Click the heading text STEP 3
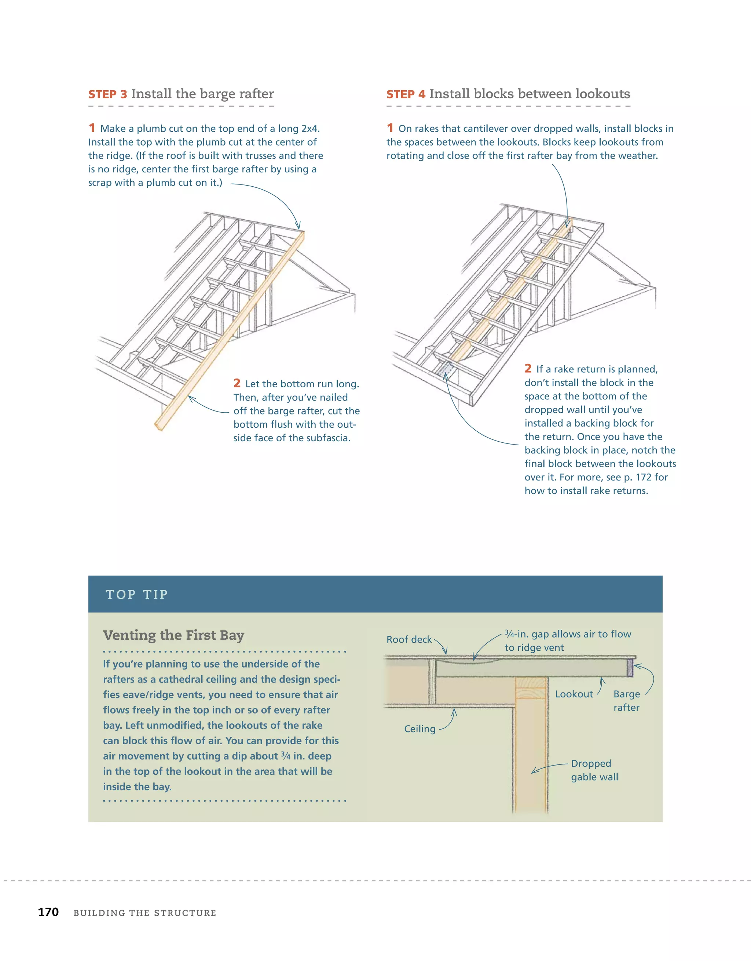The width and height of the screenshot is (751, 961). click(x=107, y=95)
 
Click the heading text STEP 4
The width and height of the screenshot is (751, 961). click(x=406, y=95)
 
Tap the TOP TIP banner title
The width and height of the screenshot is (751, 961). click(x=137, y=595)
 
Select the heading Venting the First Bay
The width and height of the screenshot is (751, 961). click(x=173, y=635)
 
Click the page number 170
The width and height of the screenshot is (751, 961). click(x=48, y=912)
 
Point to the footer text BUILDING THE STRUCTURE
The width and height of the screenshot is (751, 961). click(x=145, y=913)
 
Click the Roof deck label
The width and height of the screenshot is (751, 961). click(x=409, y=639)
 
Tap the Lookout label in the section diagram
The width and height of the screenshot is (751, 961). click(x=574, y=694)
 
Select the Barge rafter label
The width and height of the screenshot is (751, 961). click(x=626, y=701)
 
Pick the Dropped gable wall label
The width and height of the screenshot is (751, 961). click(x=594, y=770)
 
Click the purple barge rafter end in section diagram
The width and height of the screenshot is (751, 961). click(x=630, y=668)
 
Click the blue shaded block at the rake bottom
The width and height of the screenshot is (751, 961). click(x=445, y=369)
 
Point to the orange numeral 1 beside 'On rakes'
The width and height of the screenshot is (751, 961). click(x=390, y=128)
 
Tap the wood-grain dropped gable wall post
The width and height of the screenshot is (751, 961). click(x=531, y=748)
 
